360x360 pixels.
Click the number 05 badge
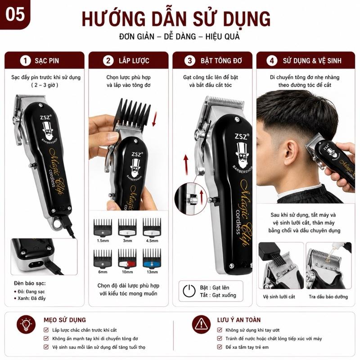[x=15, y=14]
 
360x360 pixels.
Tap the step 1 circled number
[x=25, y=61]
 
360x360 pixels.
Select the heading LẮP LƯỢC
[x=134, y=61]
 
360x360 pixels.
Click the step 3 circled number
[x=189, y=61]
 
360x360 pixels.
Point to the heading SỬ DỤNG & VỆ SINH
[x=312, y=61]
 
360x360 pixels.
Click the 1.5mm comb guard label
[x=103, y=241]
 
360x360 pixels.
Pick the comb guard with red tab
[x=127, y=258]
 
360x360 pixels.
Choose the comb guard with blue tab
[x=152, y=258]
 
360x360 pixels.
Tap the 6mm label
[x=103, y=272]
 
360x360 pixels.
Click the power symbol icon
[x=189, y=291]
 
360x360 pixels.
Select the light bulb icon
[x=26, y=324]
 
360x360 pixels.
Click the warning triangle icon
[x=201, y=324]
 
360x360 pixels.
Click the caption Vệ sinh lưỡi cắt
[x=279, y=297]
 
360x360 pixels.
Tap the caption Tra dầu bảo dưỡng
[x=328, y=297]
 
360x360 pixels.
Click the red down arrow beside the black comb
[x=154, y=119]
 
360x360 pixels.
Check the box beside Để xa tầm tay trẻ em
[x=220, y=346]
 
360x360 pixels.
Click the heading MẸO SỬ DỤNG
[x=65, y=320]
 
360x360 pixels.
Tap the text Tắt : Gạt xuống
[x=218, y=295]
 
